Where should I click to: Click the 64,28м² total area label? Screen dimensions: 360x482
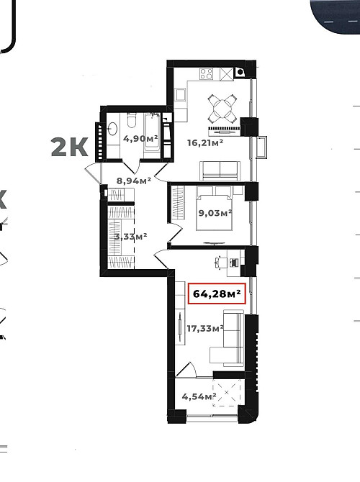217,294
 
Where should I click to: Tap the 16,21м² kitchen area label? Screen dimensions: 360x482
205,142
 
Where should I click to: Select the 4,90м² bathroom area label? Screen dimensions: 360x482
140,138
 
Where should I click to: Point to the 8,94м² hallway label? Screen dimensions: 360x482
134,181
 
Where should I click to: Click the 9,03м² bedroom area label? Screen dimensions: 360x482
215,212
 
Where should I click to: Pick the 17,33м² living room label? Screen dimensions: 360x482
205,328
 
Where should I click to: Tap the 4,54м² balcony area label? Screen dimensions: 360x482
199,396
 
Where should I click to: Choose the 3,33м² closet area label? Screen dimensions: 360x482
130,237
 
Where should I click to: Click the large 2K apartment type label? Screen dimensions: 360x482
70,147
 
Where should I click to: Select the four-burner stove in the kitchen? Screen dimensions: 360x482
206,74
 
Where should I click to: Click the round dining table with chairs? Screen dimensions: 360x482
222,108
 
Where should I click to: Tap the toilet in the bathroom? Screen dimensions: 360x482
132,120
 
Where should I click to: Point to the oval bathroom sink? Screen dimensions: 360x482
112,129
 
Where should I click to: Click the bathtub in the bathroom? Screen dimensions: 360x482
153,132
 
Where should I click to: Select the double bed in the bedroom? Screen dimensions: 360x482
214,208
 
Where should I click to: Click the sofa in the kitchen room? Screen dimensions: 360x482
220,170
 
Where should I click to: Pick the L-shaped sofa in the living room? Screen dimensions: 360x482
228,338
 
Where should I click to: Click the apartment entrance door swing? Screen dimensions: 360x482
93,173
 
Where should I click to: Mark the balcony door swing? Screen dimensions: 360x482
186,369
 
